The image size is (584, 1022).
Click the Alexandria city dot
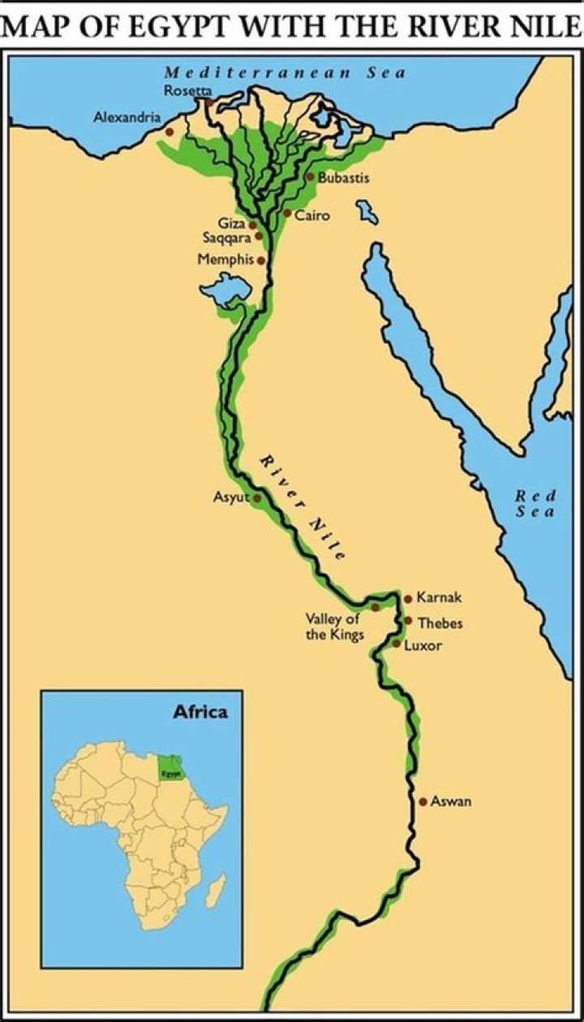point(169,131)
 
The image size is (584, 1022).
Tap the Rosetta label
point(187,91)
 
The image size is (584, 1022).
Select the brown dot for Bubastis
point(310,176)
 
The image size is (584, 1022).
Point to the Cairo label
point(311,216)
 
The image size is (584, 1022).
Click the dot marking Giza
point(253,224)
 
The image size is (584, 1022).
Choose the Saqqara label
point(227,237)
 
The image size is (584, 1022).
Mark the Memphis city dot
point(260,260)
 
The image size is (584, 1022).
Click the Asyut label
point(230,498)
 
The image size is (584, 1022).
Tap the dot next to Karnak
point(407,598)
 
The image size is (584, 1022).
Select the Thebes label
point(440,623)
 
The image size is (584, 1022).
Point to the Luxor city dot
point(397,644)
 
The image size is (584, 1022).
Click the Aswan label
point(451,802)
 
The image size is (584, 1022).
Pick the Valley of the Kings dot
point(376,607)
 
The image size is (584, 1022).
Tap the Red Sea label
point(535,504)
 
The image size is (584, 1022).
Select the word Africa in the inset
point(200,713)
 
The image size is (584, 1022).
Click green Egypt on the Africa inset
point(170,766)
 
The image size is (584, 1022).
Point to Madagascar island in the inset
point(215,895)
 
